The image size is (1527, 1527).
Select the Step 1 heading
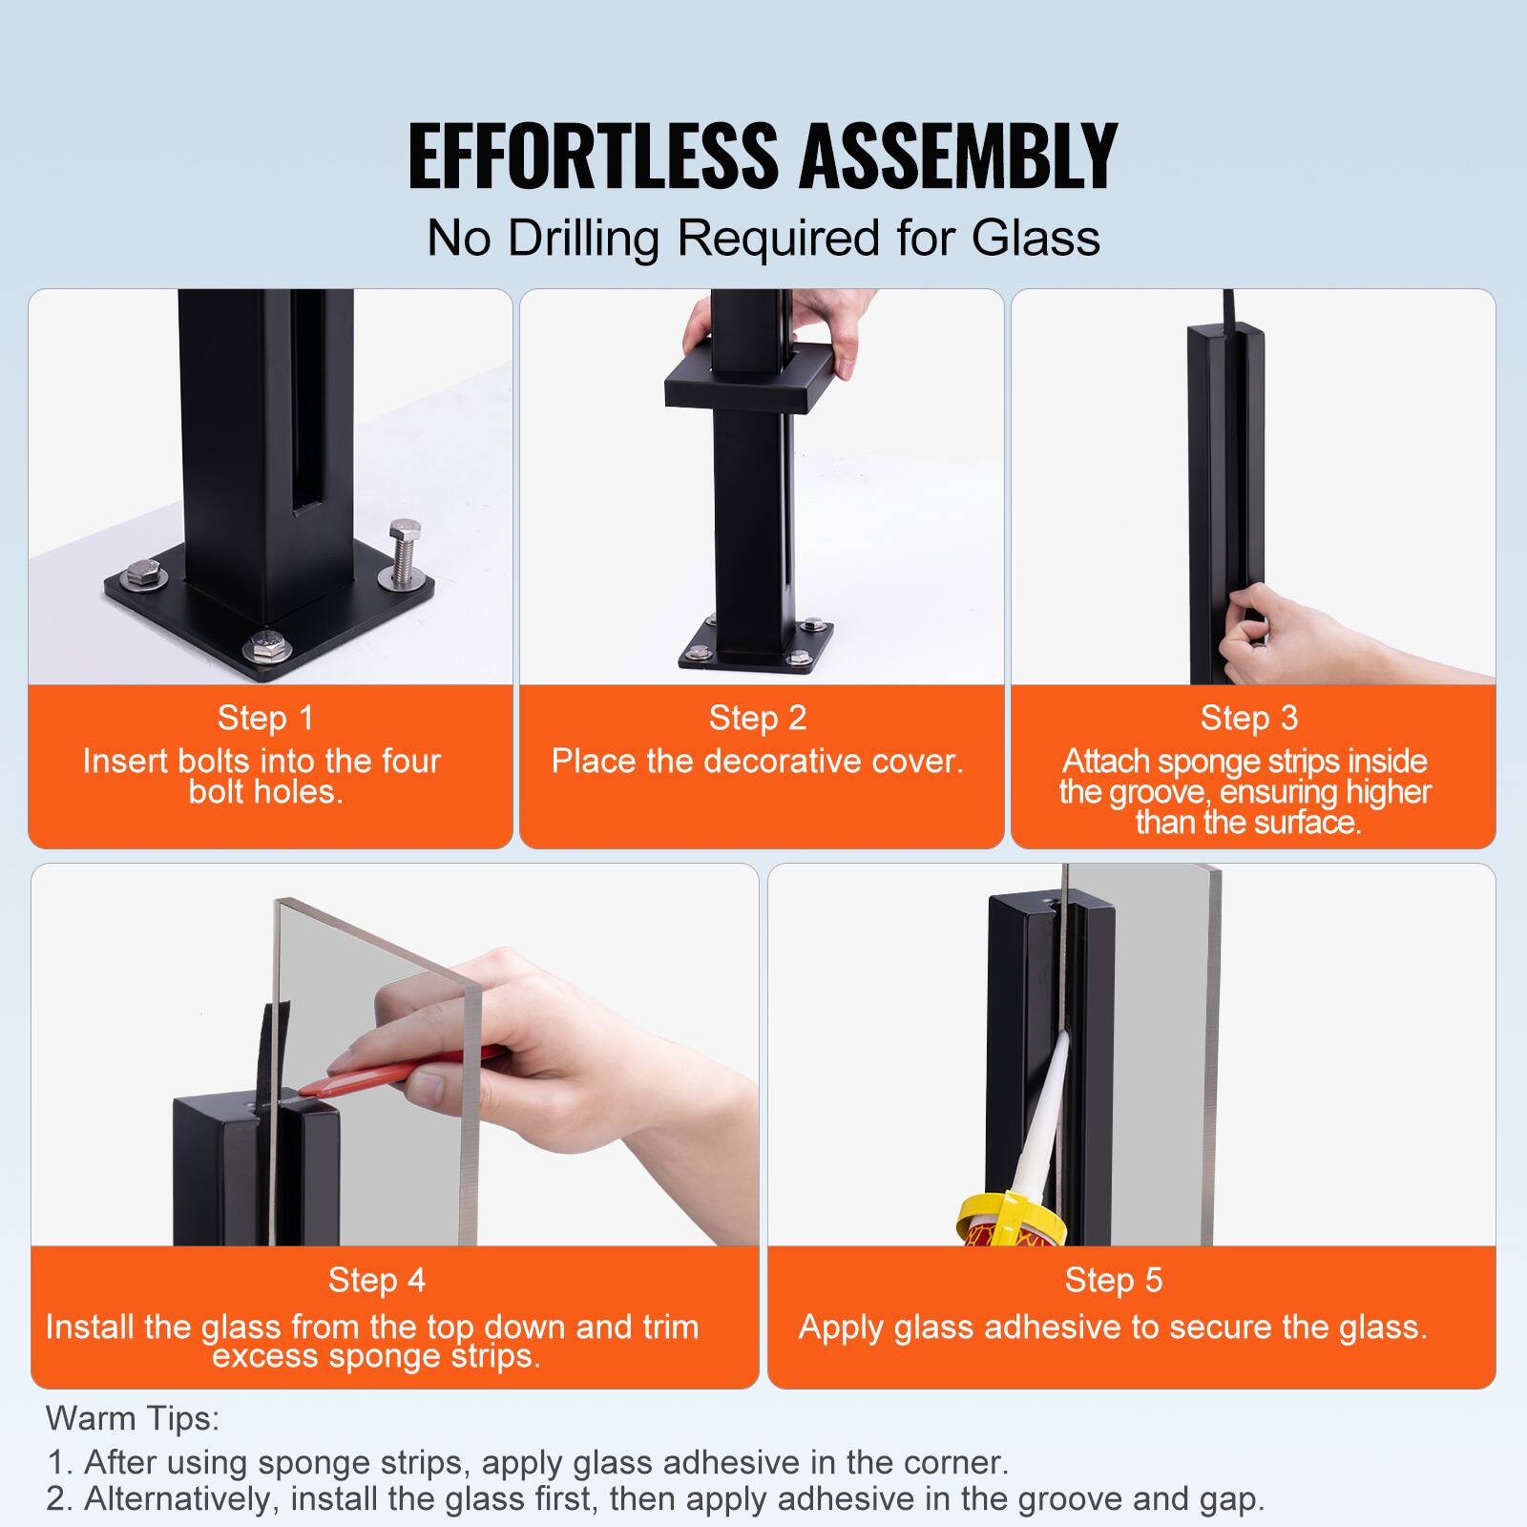(x=265, y=718)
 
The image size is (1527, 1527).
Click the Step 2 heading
(x=758, y=718)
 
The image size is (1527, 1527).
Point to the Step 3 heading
(x=1249, y=718)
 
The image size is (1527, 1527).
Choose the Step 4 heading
(x=377, y=1280)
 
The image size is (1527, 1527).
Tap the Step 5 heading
(x=1114, y=1280)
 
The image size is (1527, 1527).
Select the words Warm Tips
(x=133, y=1418)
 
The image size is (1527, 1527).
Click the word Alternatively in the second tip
(x=182, y=1498)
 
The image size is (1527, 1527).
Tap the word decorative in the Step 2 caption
(x=783, y=762)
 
